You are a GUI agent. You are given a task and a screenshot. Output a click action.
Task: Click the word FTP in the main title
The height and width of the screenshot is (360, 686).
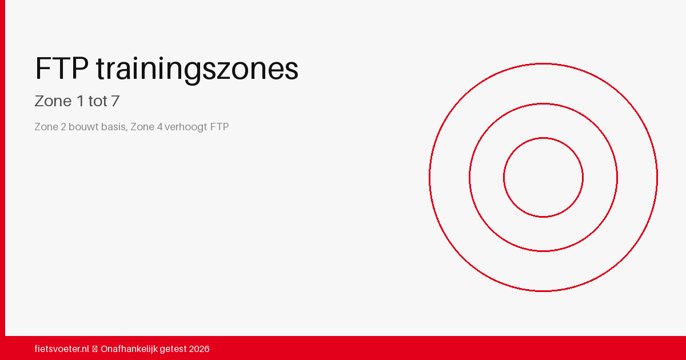click(61, 69)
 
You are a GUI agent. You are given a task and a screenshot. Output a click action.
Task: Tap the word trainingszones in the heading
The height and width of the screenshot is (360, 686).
click(197, 70)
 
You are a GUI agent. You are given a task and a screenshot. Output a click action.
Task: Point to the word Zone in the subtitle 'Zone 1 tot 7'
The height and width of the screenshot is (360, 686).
click(53, 101)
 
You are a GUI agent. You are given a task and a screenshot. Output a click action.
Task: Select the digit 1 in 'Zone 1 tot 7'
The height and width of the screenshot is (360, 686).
click(79, 101)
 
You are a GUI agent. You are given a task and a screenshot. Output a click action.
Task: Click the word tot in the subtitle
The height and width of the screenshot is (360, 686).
click(97, 101)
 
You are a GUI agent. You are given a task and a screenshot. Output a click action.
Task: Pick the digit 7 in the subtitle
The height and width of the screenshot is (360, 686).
click(115, 101)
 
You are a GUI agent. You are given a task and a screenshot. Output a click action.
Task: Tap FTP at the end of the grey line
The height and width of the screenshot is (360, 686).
click(220, 127)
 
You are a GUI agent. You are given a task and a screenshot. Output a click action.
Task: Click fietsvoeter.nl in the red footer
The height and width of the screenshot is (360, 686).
click(62, 349)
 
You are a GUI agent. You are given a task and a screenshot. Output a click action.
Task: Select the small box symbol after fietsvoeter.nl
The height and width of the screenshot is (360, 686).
click(95, 349)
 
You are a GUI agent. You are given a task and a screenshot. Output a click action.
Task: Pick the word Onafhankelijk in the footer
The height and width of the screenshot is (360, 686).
click(129, 349)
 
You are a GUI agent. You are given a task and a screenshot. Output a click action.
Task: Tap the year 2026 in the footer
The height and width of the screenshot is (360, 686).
click(199, 349)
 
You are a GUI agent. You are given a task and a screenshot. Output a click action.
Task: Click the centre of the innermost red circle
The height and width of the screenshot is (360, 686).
click(543, 177)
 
